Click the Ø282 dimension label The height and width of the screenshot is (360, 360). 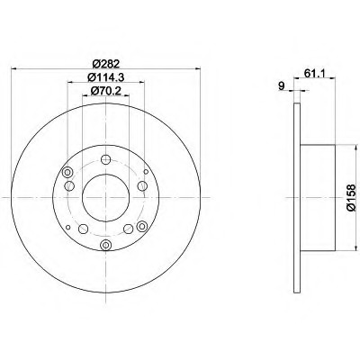coord(105,64)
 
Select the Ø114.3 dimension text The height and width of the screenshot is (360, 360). coord(105,77)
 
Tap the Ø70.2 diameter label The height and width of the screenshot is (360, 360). coord(105,90)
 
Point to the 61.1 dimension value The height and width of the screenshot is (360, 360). coord(314,73)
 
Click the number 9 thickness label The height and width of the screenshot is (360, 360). coord(281,86)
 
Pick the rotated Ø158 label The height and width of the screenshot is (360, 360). coord(351,197)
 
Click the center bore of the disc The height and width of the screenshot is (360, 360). coord(105,198)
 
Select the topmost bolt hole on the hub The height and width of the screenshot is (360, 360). coord(105,159)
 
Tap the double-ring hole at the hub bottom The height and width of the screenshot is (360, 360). coord(105,245)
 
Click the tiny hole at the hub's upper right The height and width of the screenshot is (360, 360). coord(146,172)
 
